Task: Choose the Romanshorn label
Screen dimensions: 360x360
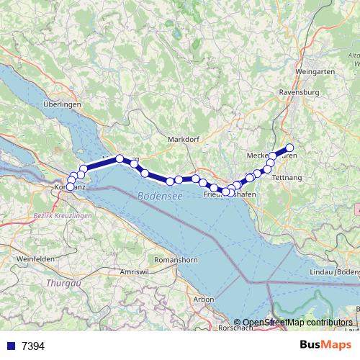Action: click(176, 258)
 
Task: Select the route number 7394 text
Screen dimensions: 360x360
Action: click(34, 346)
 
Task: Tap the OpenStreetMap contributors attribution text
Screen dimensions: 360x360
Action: click(297, 323)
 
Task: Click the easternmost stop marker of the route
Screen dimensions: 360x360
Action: click(290, 148)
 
